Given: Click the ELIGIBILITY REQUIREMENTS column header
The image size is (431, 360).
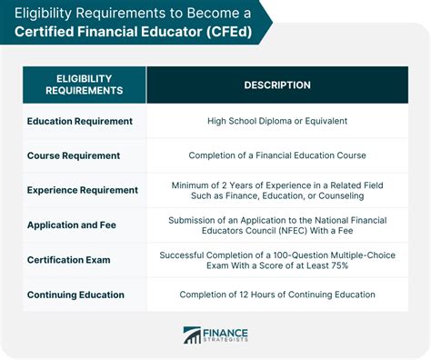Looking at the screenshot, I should tap(84, 85).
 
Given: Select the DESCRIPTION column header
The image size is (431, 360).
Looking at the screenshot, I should tap(276, 85).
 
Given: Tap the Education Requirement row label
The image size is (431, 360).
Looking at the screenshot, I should tap(79, 121).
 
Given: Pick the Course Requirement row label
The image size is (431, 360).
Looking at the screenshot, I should tap(73, 155).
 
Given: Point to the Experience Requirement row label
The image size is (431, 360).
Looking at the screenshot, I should tap(83, 190).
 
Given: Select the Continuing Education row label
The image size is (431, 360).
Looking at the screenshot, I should tap(76, 295).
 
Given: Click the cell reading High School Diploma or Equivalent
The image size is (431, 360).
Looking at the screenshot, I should tap(277, 121).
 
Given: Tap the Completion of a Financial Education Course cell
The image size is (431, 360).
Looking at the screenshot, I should tap(277, 155).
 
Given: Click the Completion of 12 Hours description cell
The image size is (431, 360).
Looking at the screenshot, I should tap(277, 295).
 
